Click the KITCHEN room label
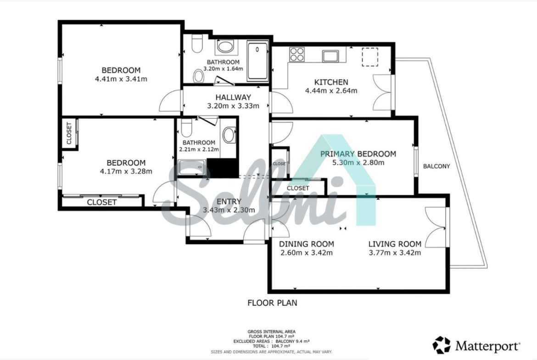point(331,82)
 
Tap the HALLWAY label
point(233,97)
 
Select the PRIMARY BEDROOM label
point(358,154)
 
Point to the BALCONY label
point(436,166)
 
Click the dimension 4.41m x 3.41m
point(121,79)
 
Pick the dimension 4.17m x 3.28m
point(126,172)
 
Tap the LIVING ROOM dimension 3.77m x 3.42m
point(395,253)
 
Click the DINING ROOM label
point(307,244)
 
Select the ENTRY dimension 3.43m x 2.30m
point(229,210)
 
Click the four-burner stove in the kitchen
point(297,54)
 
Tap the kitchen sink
point(330,56)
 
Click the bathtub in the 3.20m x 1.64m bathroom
point(257,61)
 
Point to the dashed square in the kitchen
point(370,57)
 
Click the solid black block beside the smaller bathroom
point(223,168)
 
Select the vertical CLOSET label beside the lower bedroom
point(69,133)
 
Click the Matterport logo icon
point(442,345)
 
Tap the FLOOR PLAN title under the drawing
point(272,303)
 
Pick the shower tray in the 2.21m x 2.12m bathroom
point(192,167)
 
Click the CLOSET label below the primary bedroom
point(298,188)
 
